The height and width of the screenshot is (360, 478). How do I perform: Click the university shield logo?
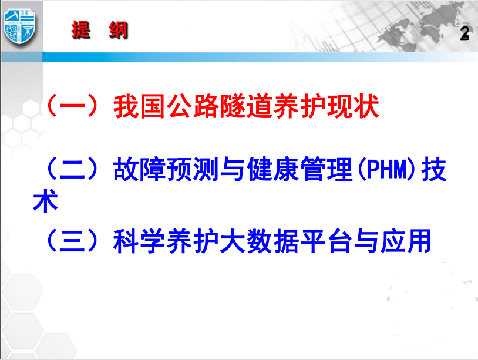(x=19, y=27)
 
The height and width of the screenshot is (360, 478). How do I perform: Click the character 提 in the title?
(x=81, y=30)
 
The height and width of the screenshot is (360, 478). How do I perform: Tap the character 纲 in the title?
(x=118, y=30)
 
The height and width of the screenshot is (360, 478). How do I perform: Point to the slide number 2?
(x=464, y=33)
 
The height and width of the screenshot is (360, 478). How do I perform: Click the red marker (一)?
(x=72, y=106)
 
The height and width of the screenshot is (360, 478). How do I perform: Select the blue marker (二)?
(x=72, y=169)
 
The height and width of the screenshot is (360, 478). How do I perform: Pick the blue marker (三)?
(x=72, y=241)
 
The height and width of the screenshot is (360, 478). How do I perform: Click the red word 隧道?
(x=233, y=106)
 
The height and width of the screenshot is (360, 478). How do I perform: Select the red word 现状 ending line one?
(x=353, y=106)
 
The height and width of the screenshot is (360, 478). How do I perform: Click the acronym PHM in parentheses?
(x=387, y=169)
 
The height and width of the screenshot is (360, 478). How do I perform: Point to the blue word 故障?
(x=140, y=169)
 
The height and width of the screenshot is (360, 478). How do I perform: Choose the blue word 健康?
(x=273, y=169)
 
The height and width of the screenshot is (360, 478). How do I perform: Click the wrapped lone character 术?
(x=45, y=201)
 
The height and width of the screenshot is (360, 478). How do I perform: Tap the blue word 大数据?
(x=260, y=241)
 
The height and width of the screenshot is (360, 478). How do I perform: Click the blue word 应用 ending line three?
(x=406, y=241)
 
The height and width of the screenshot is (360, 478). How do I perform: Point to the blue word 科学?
(x=140, y=241)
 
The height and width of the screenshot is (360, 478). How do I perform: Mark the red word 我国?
(x=140, y=106)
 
